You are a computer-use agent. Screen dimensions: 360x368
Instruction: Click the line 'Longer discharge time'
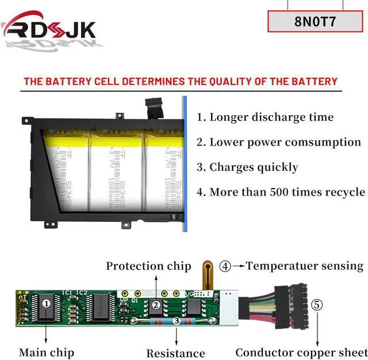point(265,117)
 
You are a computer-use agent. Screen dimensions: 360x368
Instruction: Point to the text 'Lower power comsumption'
point(279,142)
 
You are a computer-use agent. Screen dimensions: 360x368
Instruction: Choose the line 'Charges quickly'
point(247,167)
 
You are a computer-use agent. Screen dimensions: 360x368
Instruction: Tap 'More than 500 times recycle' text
point(281,192)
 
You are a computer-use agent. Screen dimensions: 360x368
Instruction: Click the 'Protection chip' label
point(148,266)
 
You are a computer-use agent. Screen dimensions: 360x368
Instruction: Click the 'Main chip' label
point(47,352)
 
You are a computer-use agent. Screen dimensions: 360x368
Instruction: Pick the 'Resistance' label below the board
point(175,353)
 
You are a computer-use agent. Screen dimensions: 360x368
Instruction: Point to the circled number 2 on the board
point(155,305)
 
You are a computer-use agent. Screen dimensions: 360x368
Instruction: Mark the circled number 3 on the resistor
point(177,321)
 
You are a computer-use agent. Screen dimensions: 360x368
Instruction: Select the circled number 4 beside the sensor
point(226,266)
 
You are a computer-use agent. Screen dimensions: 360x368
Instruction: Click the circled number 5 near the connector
point(317,305)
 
